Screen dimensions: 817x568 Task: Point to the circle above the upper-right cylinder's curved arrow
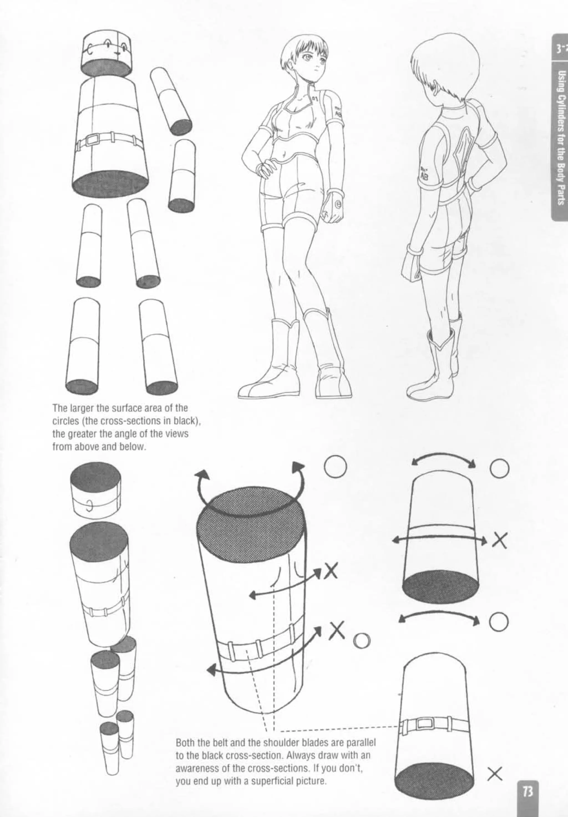[x=499, y=469]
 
